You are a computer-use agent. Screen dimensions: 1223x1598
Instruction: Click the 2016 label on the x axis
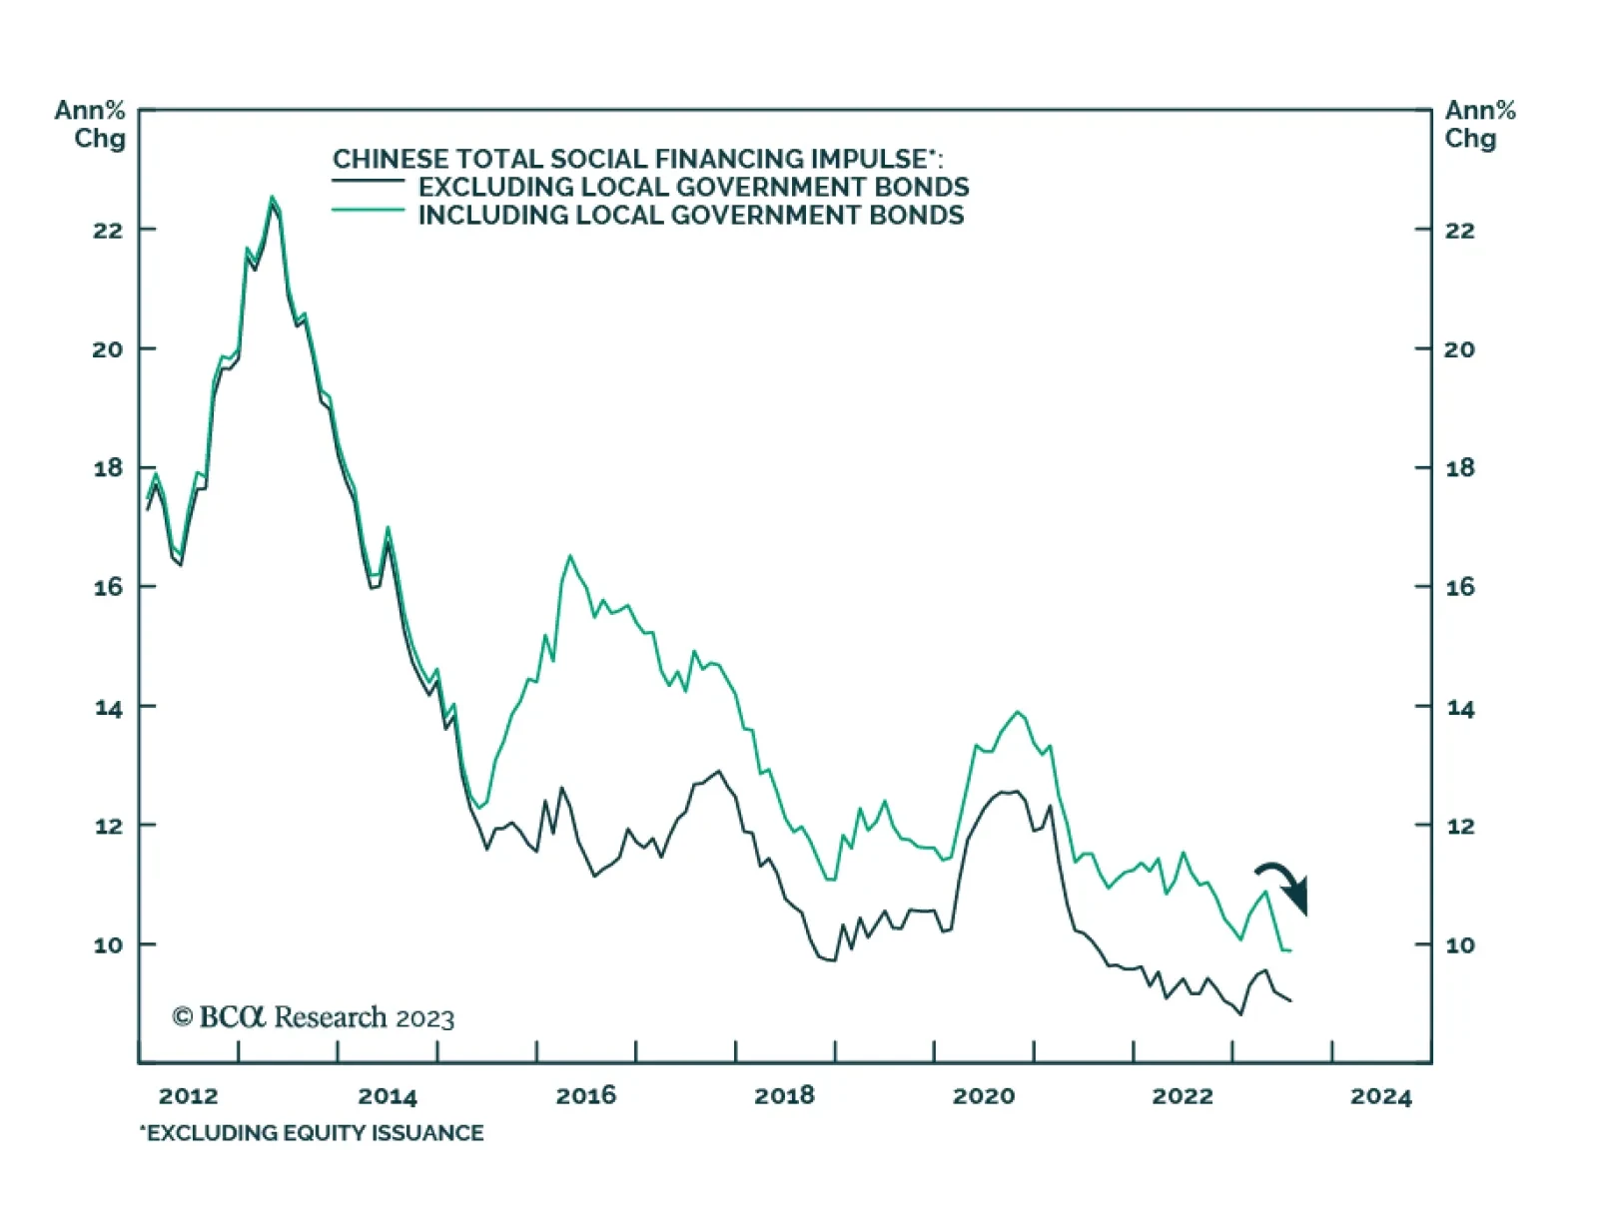pyautogui.click(x=585, y=1095)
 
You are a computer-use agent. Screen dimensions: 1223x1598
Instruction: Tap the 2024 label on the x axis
pyautogui.click(x=1381, y=1096)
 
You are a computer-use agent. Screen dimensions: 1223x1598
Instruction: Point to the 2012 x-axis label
pyautogui.click(x=188, y=1095)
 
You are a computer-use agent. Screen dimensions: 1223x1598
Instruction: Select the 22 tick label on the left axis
pyautogui.click(x=108, y=230)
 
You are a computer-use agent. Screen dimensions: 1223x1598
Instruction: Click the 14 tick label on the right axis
pyautogui.click(x=1460, y=708)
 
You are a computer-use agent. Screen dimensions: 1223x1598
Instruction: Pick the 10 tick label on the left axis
pyautogui.click(x=108, y=944)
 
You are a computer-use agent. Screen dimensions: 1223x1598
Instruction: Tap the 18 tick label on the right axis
pyautogui.click(x=1460, y=467)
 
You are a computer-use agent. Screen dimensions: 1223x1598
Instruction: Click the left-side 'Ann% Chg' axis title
pyautogui.click(x=91, y=124)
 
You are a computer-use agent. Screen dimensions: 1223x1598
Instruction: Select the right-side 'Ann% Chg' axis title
pyautogui.click(x=1480, y=124)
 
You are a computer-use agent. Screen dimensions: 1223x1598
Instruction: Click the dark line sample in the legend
pyautogui.click(x=368, y=181)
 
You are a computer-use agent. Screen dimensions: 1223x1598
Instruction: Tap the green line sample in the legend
pyautogui.click(x=368, y=210)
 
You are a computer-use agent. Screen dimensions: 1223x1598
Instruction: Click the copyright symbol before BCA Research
pyautogui.click(x=182, y=1016)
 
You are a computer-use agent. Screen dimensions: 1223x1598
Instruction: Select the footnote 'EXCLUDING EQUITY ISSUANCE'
pyautogui.click(x=312, y=1132)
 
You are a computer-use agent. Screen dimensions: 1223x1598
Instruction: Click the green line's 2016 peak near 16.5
pyautogui.click(x=570, y=556)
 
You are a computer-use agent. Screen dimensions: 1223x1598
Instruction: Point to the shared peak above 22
pyautogui.click(x=272, y=198)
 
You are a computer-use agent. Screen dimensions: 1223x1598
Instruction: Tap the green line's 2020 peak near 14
pyautogui.click(x=1018, y=712)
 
